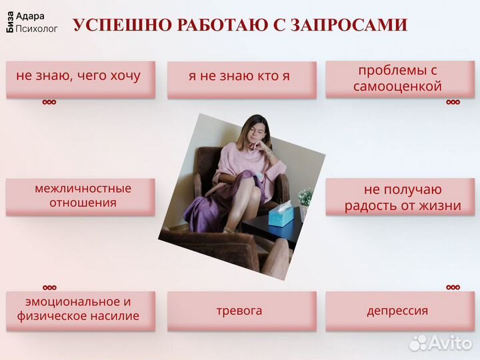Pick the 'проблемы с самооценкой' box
click(x=399, y=79)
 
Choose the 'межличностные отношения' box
click(x=81, y=196)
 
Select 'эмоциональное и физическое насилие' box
click(x=81, y=309)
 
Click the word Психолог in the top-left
click(x=37, y=29)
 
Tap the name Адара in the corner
click(x=30, y=16)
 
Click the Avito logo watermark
click(x=441, y=342)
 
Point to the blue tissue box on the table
click(x=281, y=215)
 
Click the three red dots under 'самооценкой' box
click(x=453, y=103)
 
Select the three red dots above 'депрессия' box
click(x=453, y=287)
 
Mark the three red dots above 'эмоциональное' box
click(x=49, y=288)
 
